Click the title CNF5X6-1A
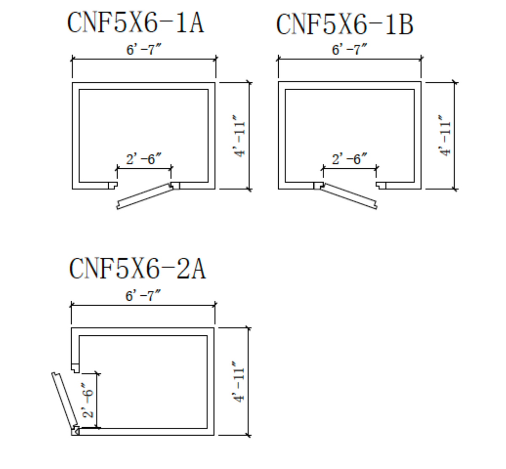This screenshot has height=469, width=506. (135, 22)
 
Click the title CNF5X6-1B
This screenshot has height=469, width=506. (345, 24)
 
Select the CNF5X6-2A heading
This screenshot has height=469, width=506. (137, 268)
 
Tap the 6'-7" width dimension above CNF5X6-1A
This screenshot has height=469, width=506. (144, 49)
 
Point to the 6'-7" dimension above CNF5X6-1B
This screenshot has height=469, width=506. (350, 49)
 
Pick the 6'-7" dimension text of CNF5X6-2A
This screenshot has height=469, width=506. (143, 296)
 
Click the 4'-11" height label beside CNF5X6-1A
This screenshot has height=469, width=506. (239, 136)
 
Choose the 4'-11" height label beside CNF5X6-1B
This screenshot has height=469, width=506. (445, 136)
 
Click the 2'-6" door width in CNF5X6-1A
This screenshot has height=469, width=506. (144, 159)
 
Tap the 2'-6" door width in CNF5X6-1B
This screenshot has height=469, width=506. (350, 159)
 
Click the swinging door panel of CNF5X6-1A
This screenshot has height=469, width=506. (145, 196)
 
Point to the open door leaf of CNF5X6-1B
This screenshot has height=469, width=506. (349, 196)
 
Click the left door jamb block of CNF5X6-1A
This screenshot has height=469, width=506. (113, 186)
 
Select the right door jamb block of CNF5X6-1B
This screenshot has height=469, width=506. (381, 186)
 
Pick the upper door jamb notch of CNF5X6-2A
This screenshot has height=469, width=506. (75, 368)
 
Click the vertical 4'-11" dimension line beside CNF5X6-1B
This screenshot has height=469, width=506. (455, 136)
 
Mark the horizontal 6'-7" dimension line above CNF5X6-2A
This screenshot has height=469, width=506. (143, 305)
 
